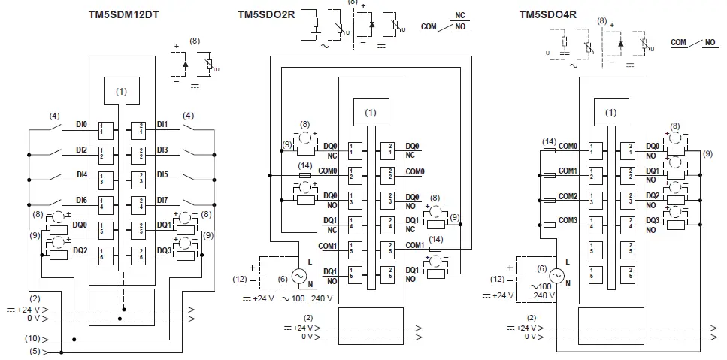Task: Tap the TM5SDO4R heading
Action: click(x=547, y=14)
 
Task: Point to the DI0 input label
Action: click(x=82, y=125)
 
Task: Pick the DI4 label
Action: click(x=82, y=174)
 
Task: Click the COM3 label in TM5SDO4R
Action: click(x=568, y=220)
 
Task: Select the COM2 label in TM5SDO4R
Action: click(x=568, y=195)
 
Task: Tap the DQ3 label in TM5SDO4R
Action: click(x=653, y=220)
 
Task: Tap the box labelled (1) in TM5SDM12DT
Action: click(x=122, y=92)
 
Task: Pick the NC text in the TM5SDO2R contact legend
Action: click(x=461, y=14)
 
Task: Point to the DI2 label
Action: click(x=82, y=150)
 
